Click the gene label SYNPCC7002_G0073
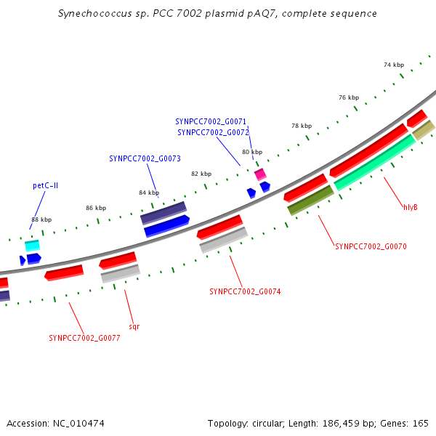point(145,158)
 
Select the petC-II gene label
point(45,185)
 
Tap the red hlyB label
point(411,207)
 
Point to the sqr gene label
point(134,326)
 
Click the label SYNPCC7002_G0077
point(84,338)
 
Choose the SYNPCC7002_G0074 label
point(245,291)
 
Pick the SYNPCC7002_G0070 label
point(371,246)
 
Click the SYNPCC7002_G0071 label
point(211,122)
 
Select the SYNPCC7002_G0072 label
point(213,133)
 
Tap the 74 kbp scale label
point(394,65)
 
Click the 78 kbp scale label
point(302,126)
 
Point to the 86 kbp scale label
point(96,208)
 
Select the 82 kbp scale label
point(201,174)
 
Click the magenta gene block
point(261,174)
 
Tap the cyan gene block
point(32,246)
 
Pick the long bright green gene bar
point(375,162)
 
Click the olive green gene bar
point(310,201)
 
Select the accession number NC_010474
point(78,424)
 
